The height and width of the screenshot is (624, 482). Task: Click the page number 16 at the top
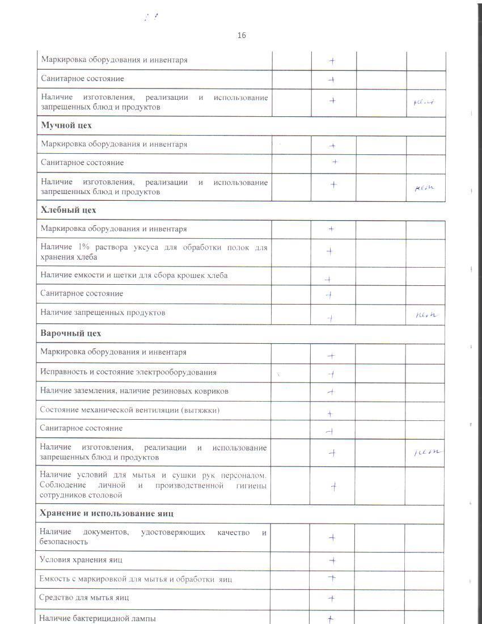[x=242, y=36]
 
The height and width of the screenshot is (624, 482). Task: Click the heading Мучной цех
[x=66, y=125]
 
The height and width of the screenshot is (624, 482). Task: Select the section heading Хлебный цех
[x=69, y=210]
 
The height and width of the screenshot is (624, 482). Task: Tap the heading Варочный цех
[x=71, y=333]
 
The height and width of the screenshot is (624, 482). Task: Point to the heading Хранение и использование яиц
[x=107, y=513]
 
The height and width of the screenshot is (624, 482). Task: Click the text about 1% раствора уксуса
[x=154, y=252]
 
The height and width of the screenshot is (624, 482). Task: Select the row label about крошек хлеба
[x=134, y=275]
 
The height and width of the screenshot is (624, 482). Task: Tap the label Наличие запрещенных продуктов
[x=103, y=313]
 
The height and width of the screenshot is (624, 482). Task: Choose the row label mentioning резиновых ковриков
[x=134, y=391]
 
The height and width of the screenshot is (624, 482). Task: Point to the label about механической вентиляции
[x=130, y=410]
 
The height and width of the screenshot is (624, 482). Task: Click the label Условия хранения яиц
[x=81, y=560]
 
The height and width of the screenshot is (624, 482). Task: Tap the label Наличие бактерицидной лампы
[x=97, y=618]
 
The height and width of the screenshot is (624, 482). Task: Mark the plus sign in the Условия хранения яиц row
[x=332, y=561]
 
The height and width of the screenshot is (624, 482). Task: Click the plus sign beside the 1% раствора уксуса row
[x=329, y=251]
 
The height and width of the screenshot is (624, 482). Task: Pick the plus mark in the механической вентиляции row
[x=330, y=414]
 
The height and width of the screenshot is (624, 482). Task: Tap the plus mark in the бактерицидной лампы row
[x=331, y=619]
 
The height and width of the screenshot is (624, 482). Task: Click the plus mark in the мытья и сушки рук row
[x=334, y=486]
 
